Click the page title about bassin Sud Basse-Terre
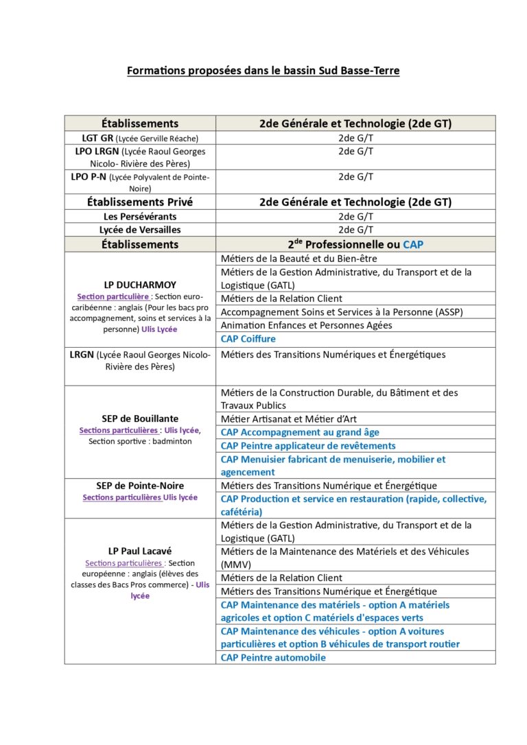[263, 71]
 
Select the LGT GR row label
[140, 138]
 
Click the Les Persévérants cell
[140, 217]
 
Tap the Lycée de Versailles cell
[140, 230]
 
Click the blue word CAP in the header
[413, 244]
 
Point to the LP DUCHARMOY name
[140, 285]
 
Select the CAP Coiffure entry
[248, 339]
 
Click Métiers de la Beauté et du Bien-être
[298, 259]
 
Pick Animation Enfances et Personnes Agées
[306, 325]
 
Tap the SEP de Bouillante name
[140, 418]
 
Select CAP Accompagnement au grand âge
[300, 432]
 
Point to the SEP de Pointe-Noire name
[140, 486]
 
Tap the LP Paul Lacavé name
[140, 551]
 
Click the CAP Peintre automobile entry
[273, 657]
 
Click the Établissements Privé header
[140, 202]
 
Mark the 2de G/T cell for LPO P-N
[355, 176]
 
